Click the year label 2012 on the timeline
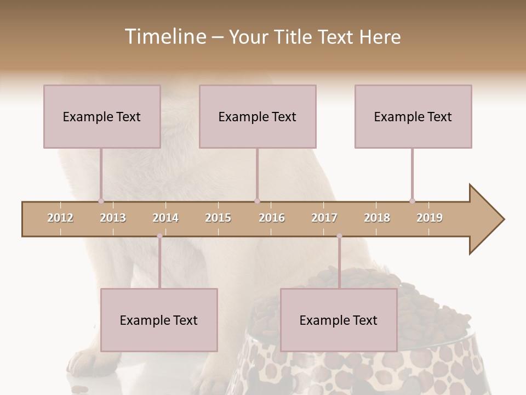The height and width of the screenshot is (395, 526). [60, 218]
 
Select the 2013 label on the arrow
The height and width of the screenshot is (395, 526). [113, 218]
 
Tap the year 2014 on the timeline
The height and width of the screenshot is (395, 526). [165, 218]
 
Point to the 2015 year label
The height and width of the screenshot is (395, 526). [218, 218]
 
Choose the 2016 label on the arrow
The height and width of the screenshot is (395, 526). [272, 218]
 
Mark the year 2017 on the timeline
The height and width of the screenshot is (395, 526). [324, 218]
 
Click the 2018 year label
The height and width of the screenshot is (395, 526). [377, 218]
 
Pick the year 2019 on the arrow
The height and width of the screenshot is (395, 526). [430, 218]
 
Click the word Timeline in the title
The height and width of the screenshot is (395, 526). [164, 37]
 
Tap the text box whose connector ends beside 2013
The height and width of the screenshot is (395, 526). [102, 116]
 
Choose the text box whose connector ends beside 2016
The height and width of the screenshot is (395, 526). [258, 116]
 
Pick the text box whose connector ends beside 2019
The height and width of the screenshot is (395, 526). [413, 116]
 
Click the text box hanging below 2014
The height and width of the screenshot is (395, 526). [159, 320]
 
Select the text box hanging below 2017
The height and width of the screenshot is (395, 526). [339, 320]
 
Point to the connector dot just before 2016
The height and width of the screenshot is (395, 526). [257, 201]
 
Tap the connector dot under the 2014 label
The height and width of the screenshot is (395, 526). [159, 236]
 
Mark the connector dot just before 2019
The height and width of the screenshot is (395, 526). [412, 201]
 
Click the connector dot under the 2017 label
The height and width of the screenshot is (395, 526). [339, 236]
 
